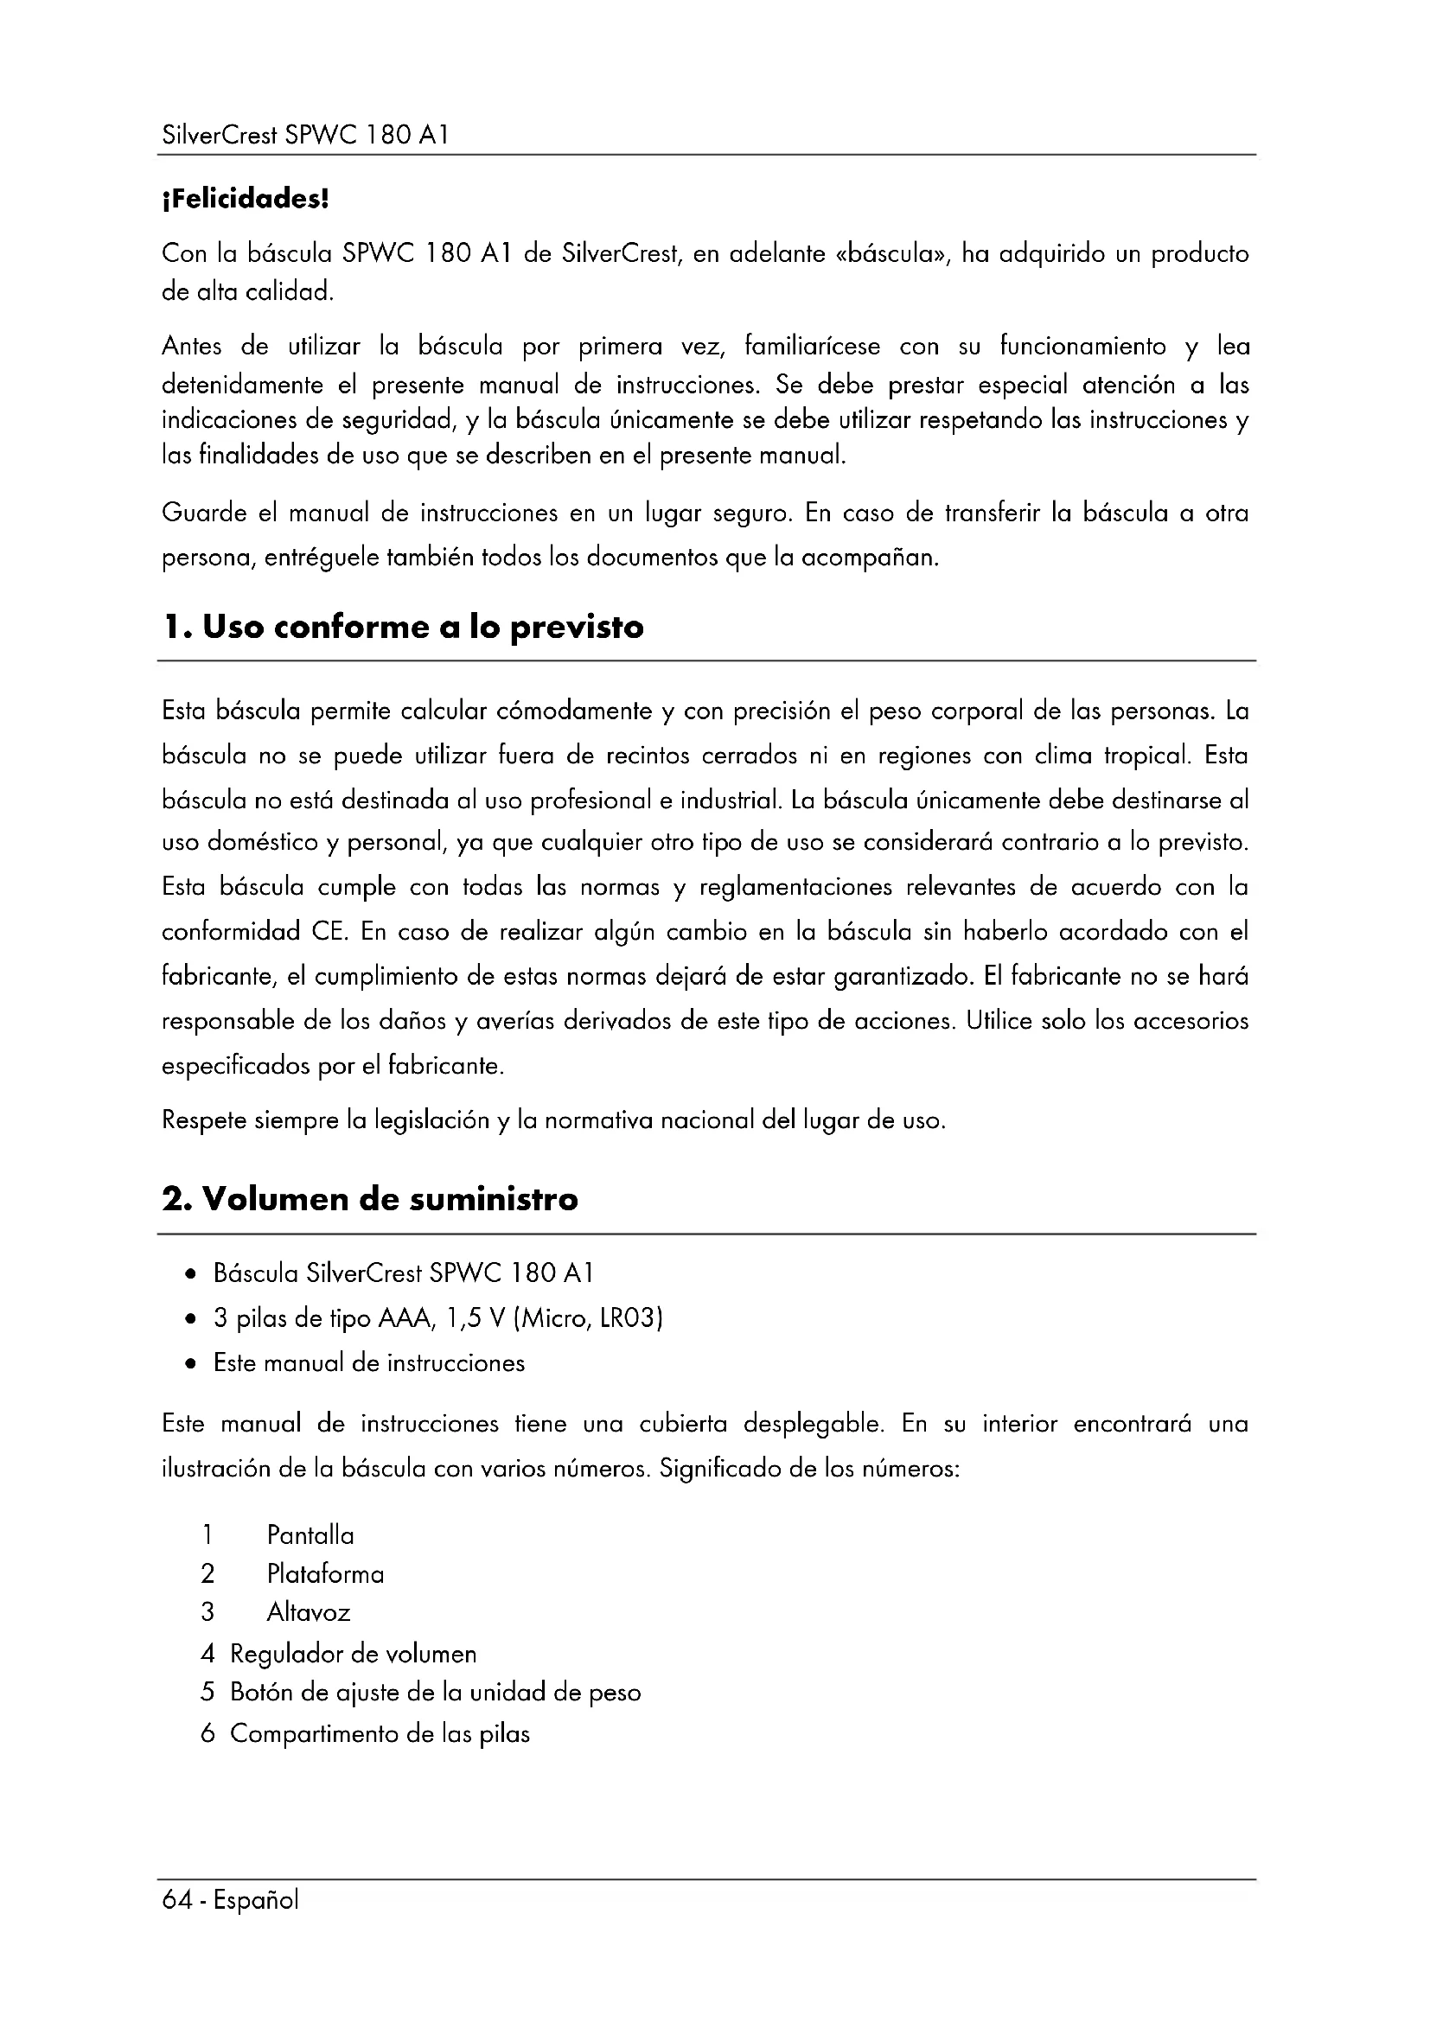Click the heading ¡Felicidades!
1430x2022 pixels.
pyautogui.click(x=245, y=200)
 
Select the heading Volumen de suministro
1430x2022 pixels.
pyautogui.click(x=370, y=1200)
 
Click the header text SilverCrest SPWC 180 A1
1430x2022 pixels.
pyautogui.click(x=305, y=136)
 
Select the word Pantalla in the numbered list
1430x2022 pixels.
pyautogui.click(x=310, y=1536)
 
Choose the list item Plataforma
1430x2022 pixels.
pyautogui.click(x=325, y=1574)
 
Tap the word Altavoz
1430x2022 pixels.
pyautogui.click(x=308, y=1613)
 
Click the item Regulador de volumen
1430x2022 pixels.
pyautogui.click(x=352, y=1654)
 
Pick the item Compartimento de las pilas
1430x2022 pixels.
pyautogui.click(x=380, y=1734)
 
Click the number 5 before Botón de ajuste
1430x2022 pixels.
pyautogui.click(x=207, y=1693)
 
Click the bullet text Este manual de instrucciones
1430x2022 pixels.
pyautogui.click(x=369, y=1363)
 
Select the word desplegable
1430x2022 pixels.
pyautogui.click(x=813, y=1424)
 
